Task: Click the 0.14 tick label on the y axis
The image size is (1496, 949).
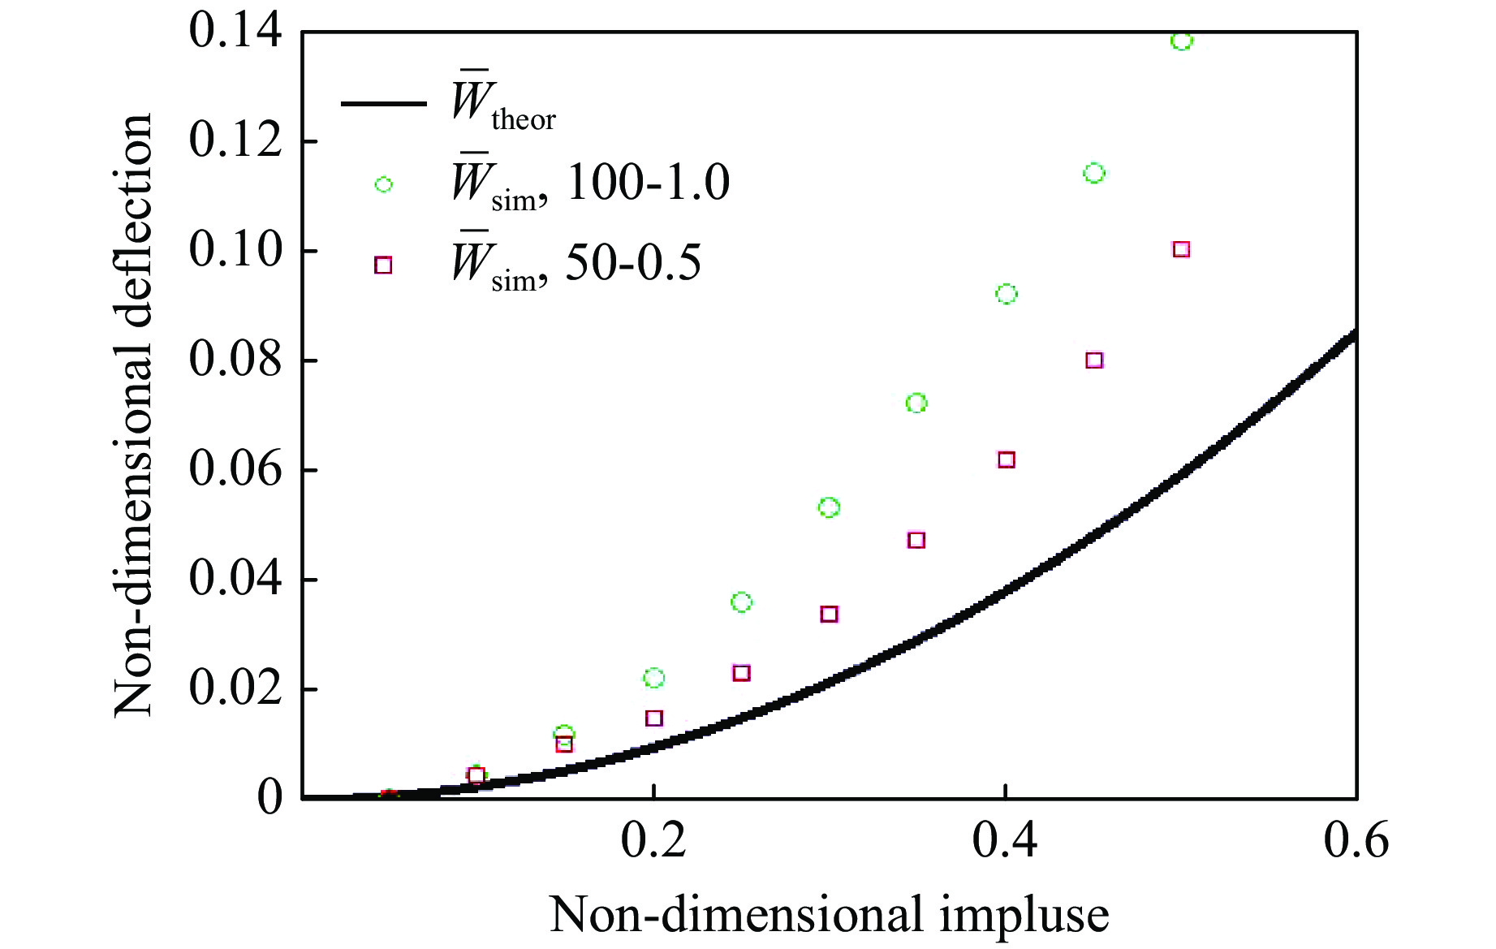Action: [235, 32]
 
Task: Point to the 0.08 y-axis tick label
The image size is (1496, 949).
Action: [235, 360]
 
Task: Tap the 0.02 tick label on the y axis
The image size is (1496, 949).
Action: [235, 689]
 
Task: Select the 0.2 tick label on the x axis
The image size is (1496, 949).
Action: [653, 841]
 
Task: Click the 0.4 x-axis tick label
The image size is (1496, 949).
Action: [1005, 841]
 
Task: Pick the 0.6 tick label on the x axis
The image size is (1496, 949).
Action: [1356, 841]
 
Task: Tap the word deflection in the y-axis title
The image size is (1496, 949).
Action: [134, 235]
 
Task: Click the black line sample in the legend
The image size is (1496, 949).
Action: [383, 104]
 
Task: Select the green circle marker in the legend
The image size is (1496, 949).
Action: [384, 184]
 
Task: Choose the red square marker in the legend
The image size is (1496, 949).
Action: [383, 265]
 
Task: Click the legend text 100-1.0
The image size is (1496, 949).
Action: [648, 182]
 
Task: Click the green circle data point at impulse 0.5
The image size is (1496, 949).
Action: [1182, 40]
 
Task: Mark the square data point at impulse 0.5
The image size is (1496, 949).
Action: [1182, 249]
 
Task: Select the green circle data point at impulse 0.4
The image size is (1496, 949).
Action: [1007, 294]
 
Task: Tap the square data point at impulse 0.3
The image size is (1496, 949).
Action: [829, 614]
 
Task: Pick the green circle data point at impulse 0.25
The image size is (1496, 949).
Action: [741, 602]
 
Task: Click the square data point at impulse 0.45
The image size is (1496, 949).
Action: [1094, 360]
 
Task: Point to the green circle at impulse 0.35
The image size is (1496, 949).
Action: [916, 403]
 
